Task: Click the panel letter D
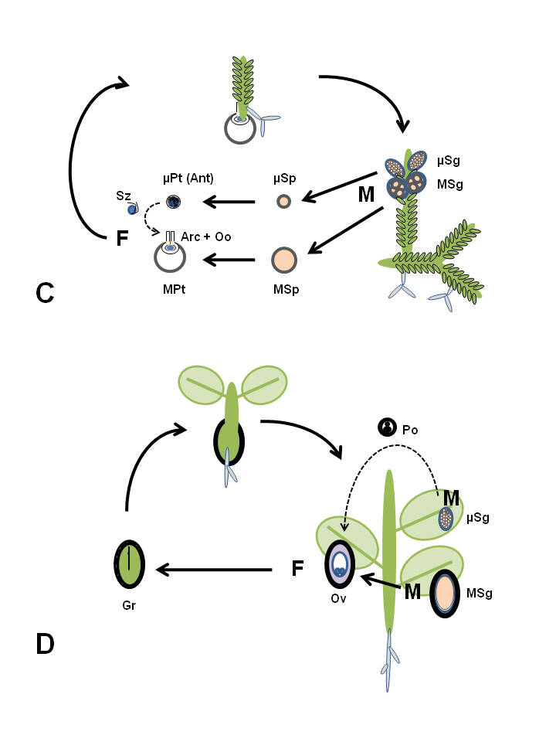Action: pyautogui.click(x=46, y=644)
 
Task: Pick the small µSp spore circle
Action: pyautogui.click(x=284, y=202)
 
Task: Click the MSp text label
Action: pyautogui.click(x=283, y=289)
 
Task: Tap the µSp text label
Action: pyautogui.click(x=284, y=179)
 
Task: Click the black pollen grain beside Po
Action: pyautogui.click(x=385, y=427)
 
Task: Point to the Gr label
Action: pyautogui.click(x=127, y=607)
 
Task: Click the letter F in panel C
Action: pyautogui.click(x=121, y=238)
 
